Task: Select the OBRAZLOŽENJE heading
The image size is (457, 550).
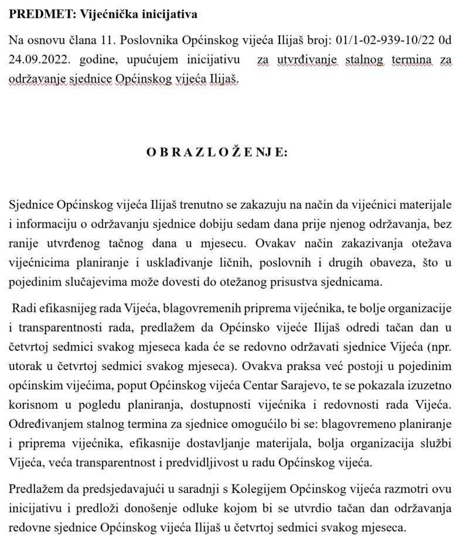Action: click(x=217, y=152)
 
